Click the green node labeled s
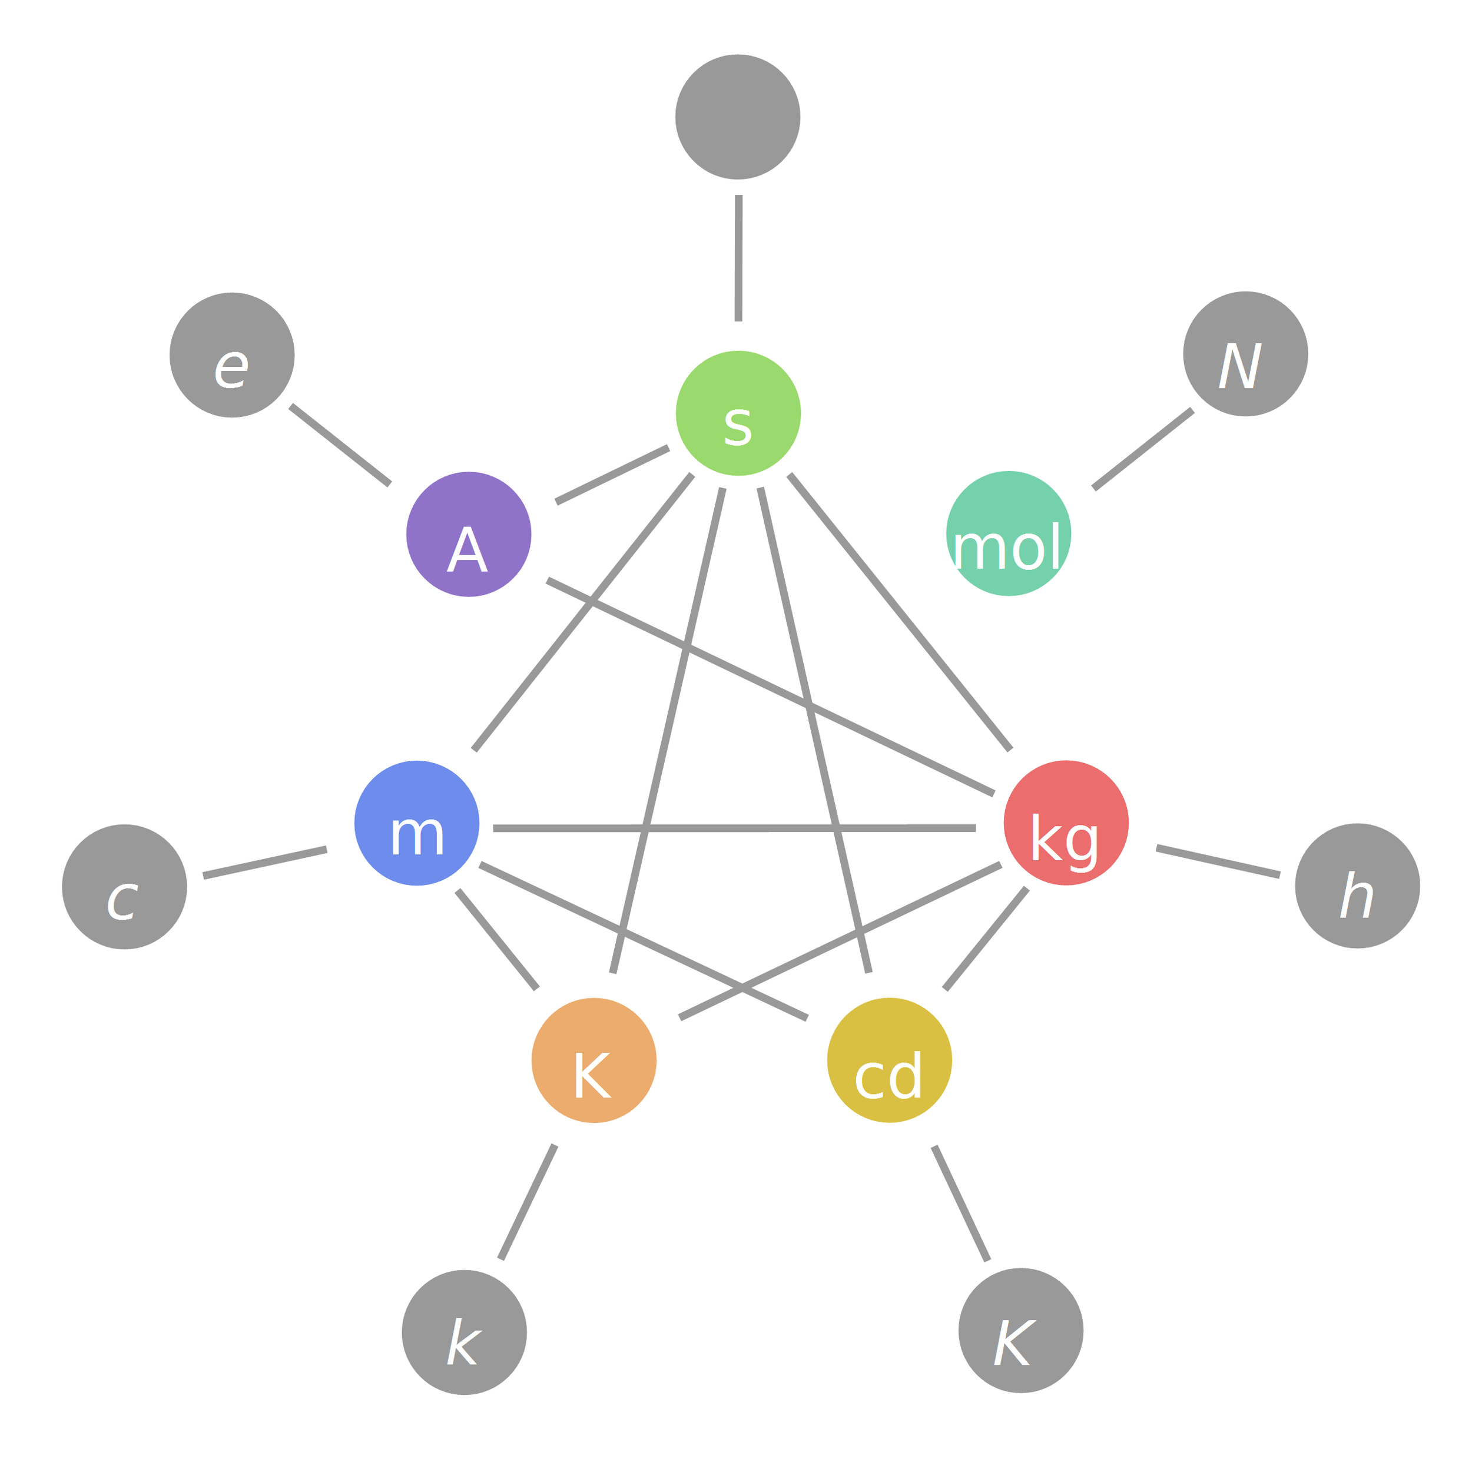pyautogui.click(x=738, y=414)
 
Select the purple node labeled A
pyautogui.click(x=469, y=534)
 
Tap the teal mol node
pyautogui.click(x=1008, y=533)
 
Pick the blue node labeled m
pyautogui.click(x=417, y=823)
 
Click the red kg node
pyautogui.click(x=1065, y=823)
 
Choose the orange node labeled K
pyautogui.click(x=594, y=1060)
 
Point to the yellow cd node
pyautogui.click(x=889, y=1060)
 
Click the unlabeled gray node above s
pyautogui.click(x=738, y=117)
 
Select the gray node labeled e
pyautogui.click(x=231, y=355)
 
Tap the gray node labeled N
pyautogui.click(x=1245, y=354)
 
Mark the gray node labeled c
pyautogui.click(x=124, y=887)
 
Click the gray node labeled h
pyautogui.click(x=1357, y=886)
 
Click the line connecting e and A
pyautogui.click(x=340, y=445)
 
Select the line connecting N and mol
pyautogui.click(x=1143, y=449)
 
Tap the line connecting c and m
pyautogui.click(x=264, y=863)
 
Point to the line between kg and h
pyautogui.click(x=1218, y=861)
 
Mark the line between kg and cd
pyautogui.click(x=986, y=939)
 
